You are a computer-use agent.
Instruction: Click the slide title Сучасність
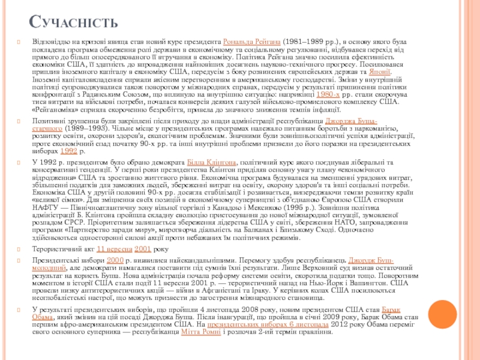click(x=74, y=22)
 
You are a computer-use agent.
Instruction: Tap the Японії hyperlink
click(x=380, y=71)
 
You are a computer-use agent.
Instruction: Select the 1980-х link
click(x=329, y=94)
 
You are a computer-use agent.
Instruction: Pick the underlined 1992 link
click(x=69, y=151)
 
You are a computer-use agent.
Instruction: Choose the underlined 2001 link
click(x=143, y=248)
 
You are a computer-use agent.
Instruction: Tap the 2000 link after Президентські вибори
click(x=115, y=260)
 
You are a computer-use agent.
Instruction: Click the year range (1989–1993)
click(x=86, y=129)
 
